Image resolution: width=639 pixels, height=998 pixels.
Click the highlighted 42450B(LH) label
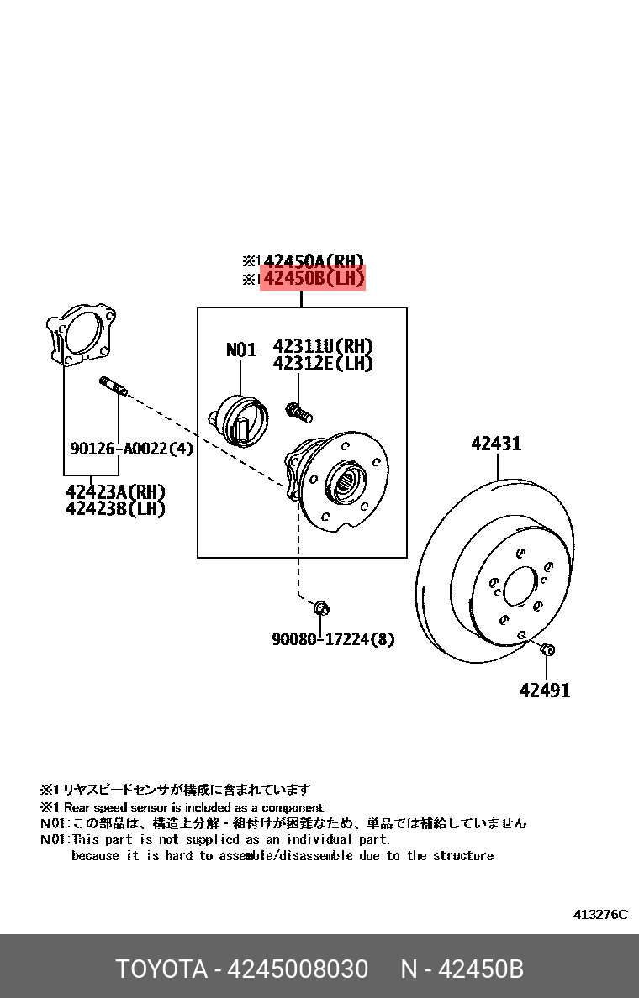313,279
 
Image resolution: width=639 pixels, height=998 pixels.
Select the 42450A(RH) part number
313,260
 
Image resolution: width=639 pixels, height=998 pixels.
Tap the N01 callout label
240,349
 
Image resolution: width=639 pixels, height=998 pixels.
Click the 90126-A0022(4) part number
131,449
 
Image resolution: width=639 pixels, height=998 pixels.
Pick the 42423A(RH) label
115,492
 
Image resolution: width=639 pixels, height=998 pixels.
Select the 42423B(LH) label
115,508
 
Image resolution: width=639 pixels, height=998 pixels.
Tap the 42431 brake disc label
496,444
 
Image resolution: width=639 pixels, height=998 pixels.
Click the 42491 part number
545,691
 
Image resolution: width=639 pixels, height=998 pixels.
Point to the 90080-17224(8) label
333,639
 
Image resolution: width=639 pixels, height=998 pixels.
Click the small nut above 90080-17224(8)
321,607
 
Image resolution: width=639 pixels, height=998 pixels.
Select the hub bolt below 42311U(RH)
298,412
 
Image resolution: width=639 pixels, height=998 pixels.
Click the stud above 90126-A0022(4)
113,386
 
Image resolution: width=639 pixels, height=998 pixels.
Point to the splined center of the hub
348,480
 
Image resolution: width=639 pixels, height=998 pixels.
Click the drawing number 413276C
600,914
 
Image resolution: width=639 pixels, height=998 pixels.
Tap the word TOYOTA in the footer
161,969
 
